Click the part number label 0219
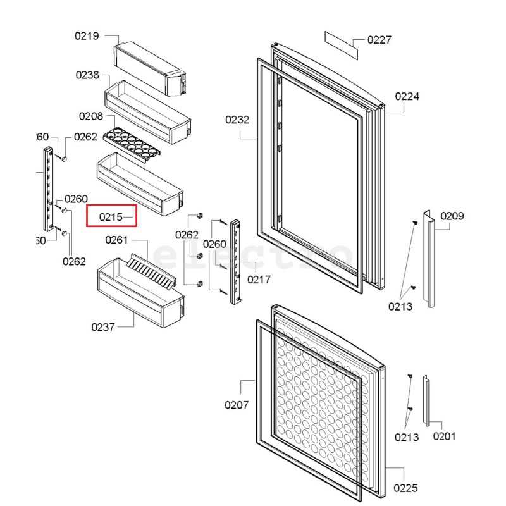(87, 36)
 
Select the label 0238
(87, 75)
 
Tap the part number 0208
(91, 116)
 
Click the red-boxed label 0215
(111, 216)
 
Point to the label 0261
(116, 240)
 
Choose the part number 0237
(103, 327)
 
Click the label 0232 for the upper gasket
(237, 120)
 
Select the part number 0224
(407, 96)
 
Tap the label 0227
(379, 40)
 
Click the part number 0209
(452, 216)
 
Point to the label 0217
(259, 280)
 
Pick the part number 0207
(237, 405)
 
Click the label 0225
(405, 488)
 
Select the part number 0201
(444, 436)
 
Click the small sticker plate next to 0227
(342, 44)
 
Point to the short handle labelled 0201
(428, 402)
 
